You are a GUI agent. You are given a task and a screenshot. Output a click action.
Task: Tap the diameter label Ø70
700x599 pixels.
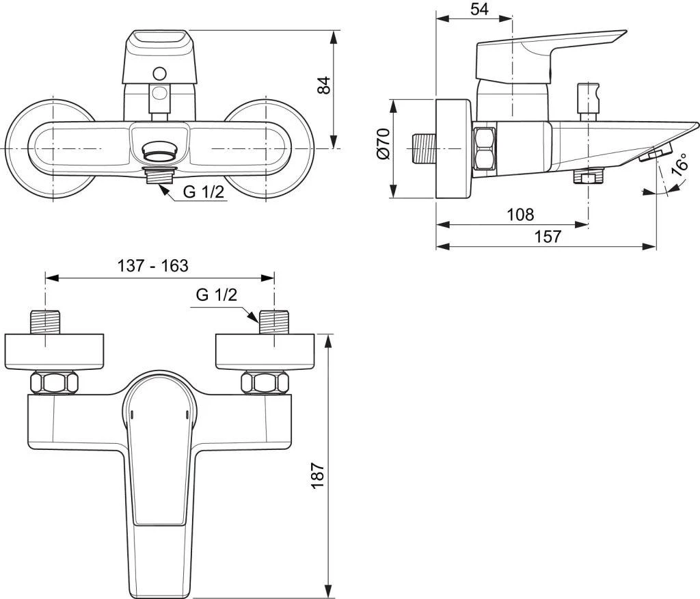click(383, 144)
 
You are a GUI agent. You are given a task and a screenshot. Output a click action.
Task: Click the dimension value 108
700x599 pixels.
click(520, 215)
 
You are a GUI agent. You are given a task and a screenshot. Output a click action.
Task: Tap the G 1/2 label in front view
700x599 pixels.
click(203, 192)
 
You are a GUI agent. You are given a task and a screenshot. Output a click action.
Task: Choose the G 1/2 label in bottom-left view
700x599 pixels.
click(216, 295)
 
